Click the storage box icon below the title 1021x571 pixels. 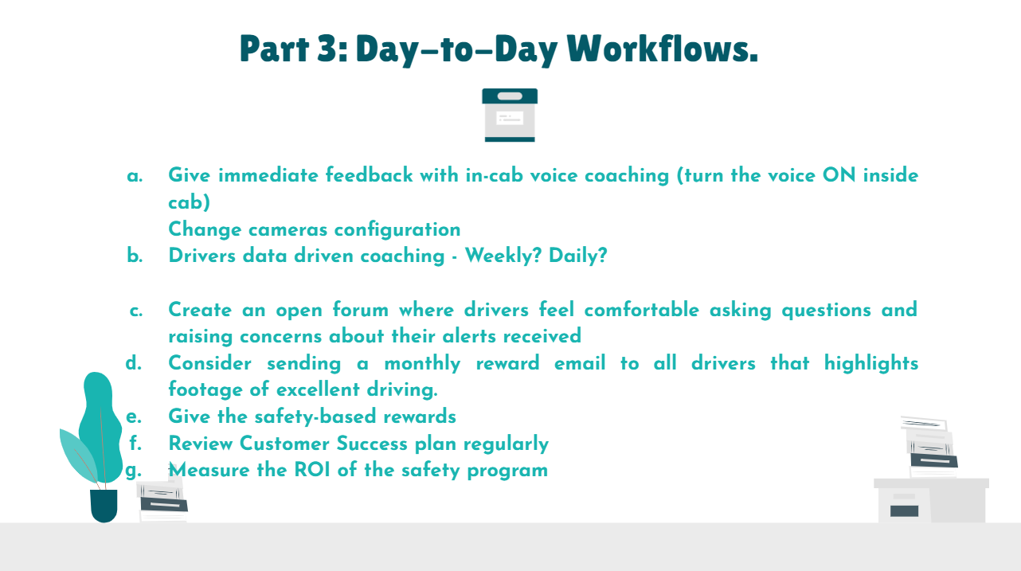(x=510, y=115)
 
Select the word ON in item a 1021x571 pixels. (x=839, y=175)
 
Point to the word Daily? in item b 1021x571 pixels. (x=578, y=256)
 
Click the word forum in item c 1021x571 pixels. (x=361, y=310)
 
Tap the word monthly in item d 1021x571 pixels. (x=422, y=364)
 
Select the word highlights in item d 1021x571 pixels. (x=871, y=364)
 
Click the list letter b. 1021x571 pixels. (x=135, y=256)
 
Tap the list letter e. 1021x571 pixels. (x=134, y=417)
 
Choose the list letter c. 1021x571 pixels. (x=136, y=311)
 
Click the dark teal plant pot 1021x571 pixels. (x=104, y=506)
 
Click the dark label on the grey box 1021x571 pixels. (x=904, y=510)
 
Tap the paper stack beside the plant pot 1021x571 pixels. (x=162, y=500)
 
